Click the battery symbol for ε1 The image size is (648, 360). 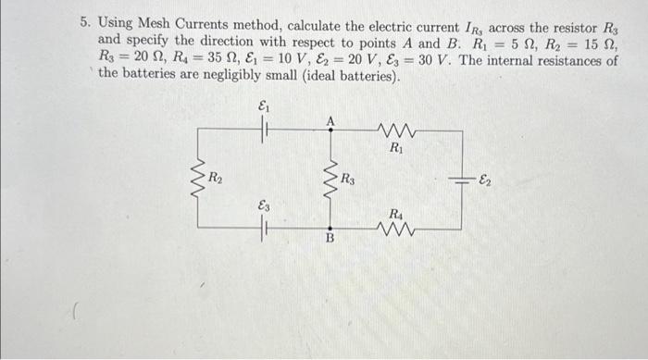tap(264, 130)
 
